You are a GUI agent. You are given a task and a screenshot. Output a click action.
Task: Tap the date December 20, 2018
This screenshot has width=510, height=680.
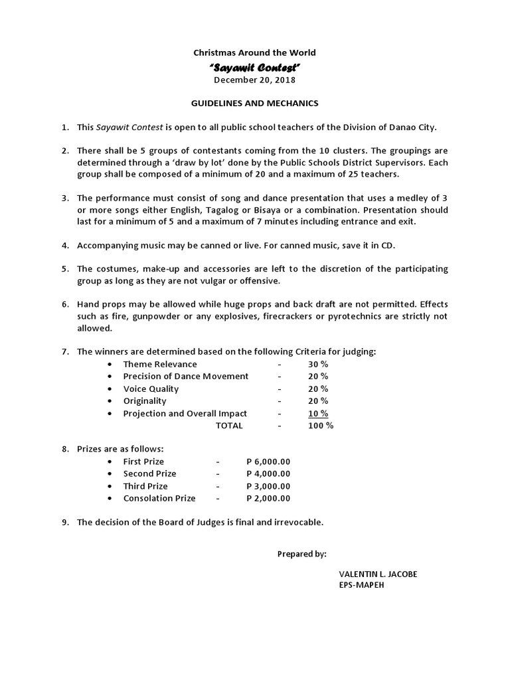(254, 80)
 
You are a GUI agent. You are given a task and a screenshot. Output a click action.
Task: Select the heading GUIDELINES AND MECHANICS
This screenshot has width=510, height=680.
(254, 103)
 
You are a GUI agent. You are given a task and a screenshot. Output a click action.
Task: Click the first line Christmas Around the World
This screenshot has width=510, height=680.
(254, 52)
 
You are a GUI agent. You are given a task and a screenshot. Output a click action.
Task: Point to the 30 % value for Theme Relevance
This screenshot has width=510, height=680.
(317, 364)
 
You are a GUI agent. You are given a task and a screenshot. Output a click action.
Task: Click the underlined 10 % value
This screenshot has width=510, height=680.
(317, 413)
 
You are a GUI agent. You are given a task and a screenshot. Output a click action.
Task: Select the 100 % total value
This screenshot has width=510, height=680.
(320, 426)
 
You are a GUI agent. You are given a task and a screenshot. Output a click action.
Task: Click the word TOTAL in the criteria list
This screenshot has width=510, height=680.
(229, 426)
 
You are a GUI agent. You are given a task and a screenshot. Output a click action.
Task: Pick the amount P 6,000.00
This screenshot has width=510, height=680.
(268, 462)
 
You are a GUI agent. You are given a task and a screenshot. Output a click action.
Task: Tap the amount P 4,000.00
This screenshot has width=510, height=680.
(268, 473)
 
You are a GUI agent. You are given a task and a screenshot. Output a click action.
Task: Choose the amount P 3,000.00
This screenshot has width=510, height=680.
(268, 486)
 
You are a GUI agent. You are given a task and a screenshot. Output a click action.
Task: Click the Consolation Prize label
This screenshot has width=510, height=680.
(159, 498)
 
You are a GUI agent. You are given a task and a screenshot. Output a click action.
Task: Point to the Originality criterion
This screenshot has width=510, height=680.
(145, 401)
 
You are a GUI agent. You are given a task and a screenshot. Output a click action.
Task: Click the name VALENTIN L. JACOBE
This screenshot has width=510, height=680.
(378, 574)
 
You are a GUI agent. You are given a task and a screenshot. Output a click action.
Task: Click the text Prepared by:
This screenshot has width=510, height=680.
(301, 554)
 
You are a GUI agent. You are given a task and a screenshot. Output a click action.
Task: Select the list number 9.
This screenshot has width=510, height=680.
(65, 522)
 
